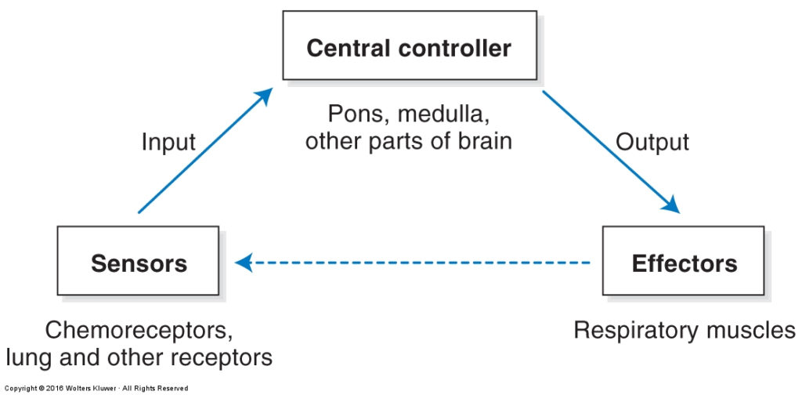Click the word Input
pyautogui.click(x=168, y=142)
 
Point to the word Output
pyautogui.click(x=652, y=142)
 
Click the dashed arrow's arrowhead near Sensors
pyautogui.click(x=244, y=263)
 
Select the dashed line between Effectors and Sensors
pyautogui.click(x=412, y=263)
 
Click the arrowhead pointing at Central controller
pyautogui.click(x=265, y=96)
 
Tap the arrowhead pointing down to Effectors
pyautogui.click(x=670, y=205)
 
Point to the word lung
pyautogui.click(x=29, y=357)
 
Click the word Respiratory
pyautogui.click(x=635, y=331)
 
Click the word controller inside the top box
pyautogui.click(x=455, y=48)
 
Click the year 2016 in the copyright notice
pyautogui.click(x=54, y=389)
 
